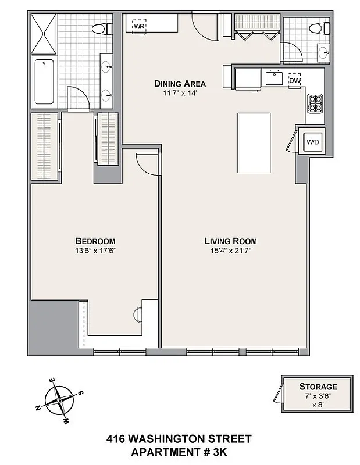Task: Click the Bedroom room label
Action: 95,241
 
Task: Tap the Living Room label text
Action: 230,241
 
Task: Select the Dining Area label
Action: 180,83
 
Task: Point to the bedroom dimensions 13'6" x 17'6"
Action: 95,251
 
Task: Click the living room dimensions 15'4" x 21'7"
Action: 230,251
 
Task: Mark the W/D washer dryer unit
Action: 312,141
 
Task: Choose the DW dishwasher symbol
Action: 295,80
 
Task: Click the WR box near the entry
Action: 140,26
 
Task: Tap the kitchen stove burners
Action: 315,103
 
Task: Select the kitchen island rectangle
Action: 254,142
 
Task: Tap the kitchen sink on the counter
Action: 273,77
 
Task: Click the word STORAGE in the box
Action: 318,387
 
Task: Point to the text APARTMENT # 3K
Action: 180,452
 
